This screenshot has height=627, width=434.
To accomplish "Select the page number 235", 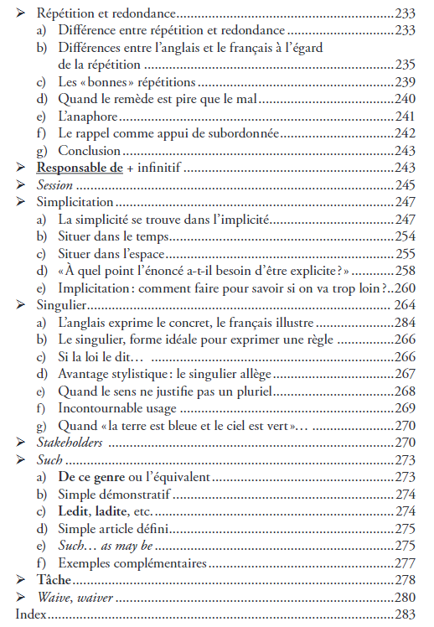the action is [x=406, y=65].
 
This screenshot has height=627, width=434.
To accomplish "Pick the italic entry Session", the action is [x=55, y=185].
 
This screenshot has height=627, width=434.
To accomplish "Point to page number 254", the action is [x=406, y=236].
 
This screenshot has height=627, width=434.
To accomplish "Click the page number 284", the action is [x=406, y=323].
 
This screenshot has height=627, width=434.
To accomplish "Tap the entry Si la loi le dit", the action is [x=93, y=356].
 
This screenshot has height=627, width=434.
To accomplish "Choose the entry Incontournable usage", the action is [x=117, y=408].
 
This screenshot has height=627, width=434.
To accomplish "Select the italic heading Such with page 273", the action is [x=50, y=459].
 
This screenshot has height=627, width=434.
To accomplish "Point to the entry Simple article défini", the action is [x=116, y=528].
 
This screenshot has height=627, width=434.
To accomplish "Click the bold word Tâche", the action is [x=54, y=580].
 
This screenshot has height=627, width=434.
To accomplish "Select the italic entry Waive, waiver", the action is [x=75, y=598].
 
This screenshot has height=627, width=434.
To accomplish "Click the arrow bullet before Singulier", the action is [x=20, y=305].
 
